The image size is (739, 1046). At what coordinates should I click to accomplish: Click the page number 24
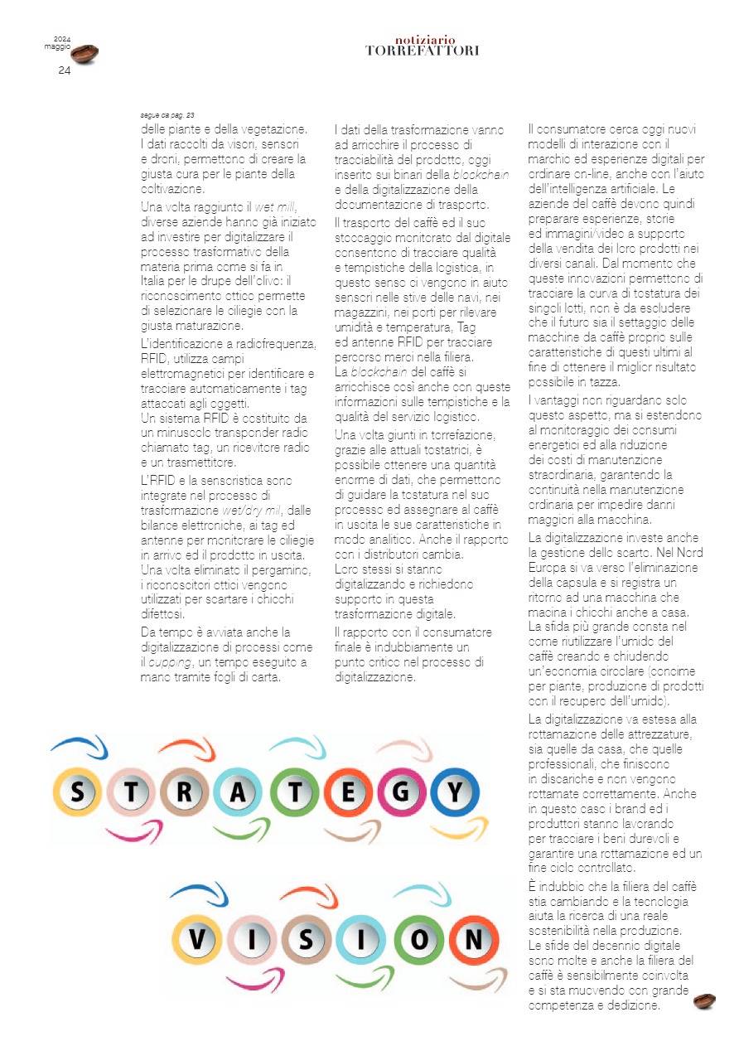(x=64, y=70)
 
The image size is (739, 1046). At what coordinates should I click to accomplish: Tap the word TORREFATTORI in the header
(x=422, y=51)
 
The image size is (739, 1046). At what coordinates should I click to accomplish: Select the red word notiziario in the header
(x=425, y=40)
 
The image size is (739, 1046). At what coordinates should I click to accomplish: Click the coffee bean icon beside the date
(x=85, y=54)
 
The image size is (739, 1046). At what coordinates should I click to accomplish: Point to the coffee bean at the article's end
(x=705, y=1001)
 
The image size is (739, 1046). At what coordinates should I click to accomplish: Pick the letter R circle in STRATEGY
(x=186, y=793)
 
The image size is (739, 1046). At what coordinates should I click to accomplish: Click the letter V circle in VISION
(x=197, y=940)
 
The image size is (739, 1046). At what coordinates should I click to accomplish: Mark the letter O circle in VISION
(x=420, y=940)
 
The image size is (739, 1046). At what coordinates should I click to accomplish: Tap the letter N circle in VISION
(x=474, y=940)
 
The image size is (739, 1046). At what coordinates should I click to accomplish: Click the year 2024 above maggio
(x=62, y=39)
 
